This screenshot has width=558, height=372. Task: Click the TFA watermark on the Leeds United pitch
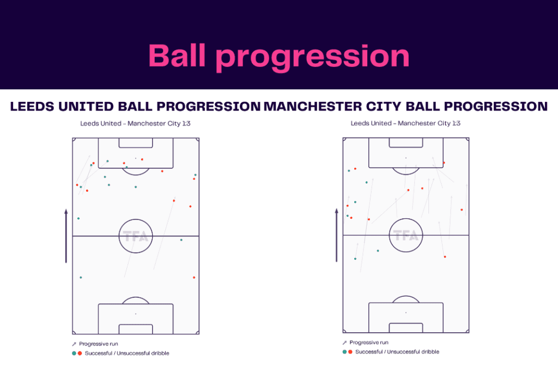click(x=136, y=236)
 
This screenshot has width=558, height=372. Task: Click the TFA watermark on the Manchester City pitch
click(x=406, y=236)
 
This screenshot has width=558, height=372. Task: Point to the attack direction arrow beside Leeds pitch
click(x=66, y=236)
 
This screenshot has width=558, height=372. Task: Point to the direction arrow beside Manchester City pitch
click(x=336, y=237)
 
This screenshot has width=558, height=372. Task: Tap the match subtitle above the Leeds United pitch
click(x=135, y=124)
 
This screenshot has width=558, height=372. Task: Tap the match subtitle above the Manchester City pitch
click(x=405, y=124)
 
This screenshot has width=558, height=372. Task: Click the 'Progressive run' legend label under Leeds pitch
click(x=98, y=344)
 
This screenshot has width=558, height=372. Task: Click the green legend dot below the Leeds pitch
click(x=74, y=353)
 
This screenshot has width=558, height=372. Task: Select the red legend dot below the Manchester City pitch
click(x=350, y=352)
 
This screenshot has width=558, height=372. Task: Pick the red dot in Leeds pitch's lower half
click(x=193, y=278)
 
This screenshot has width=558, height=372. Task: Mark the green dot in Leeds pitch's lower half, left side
click(x=81, y=278)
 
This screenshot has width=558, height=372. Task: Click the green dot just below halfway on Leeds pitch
click(x=181, y=240)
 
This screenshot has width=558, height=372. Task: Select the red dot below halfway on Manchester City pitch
click(x=445, y=257)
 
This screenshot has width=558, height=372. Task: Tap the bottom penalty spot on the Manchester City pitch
click(x=406, y=313)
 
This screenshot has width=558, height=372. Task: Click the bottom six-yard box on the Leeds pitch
click(x=136, y=329)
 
